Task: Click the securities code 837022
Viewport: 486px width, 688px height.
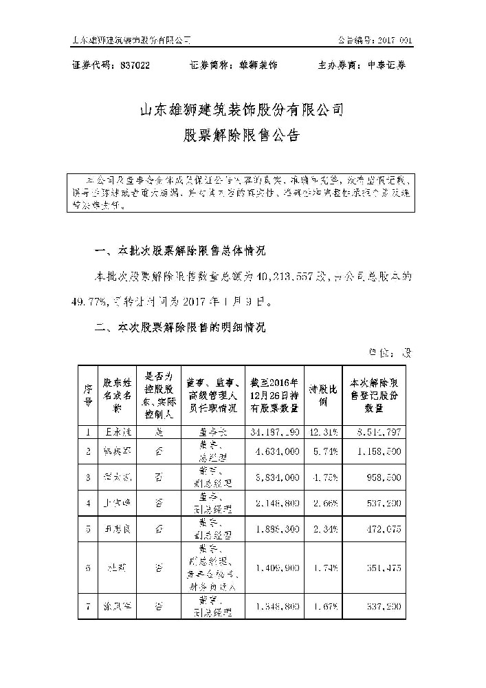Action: [134, 65]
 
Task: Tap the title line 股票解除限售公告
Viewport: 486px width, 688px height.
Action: [242, 136]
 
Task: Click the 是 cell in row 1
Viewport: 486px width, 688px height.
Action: [159, 431]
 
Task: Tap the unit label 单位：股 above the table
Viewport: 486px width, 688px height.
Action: [390, 354]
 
